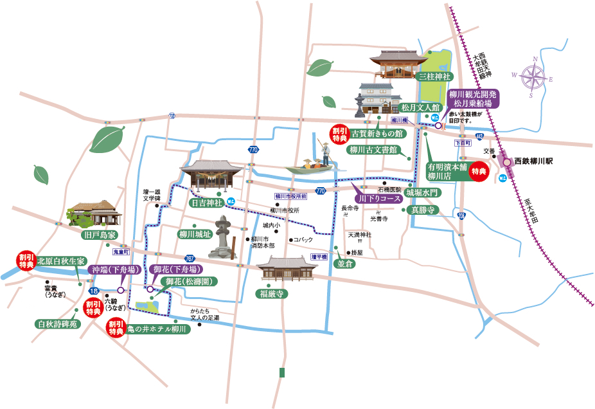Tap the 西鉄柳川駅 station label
pos(534,162)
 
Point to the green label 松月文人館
pos(420,107)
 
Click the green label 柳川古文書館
pos(371,150)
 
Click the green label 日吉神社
pos(206,203)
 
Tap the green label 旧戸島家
pos(99,235)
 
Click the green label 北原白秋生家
pos(61,261)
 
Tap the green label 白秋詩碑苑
pos(57,324)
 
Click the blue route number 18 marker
pos(94,290)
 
